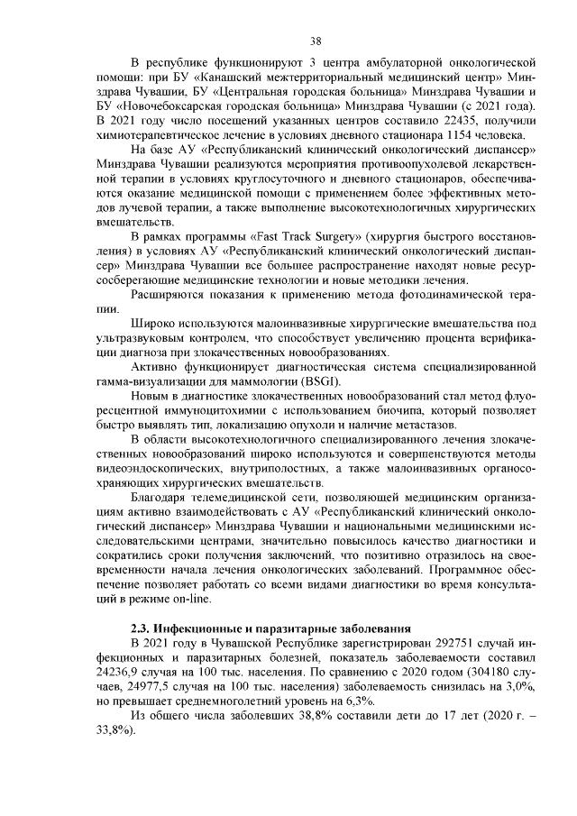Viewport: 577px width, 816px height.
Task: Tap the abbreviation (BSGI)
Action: (x=309, y=379)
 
